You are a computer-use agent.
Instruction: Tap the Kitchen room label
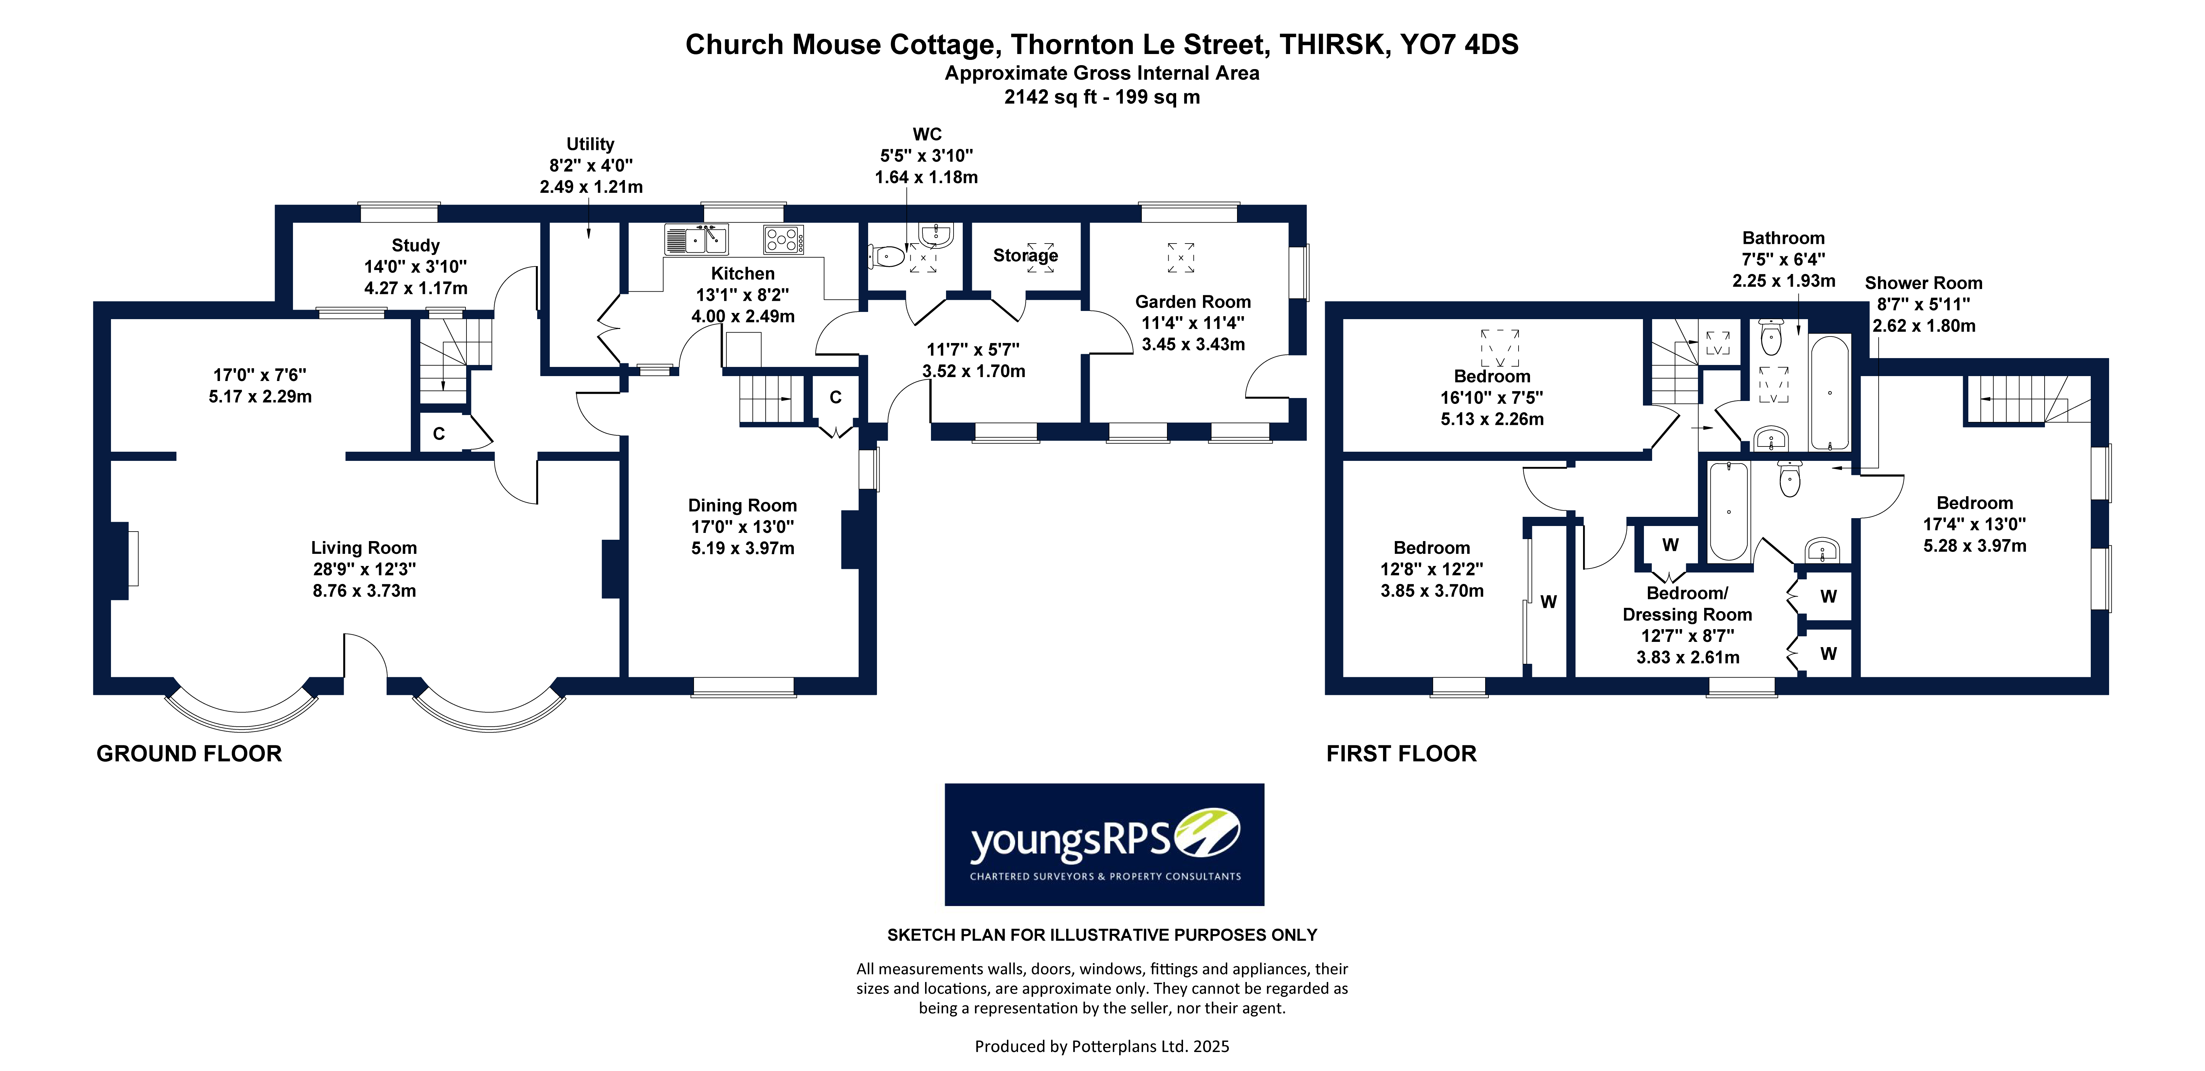click(x=742, y=273)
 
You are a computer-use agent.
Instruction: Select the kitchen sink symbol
click(x=696, y=240)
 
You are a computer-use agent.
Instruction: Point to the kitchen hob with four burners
click(x=783, y=240)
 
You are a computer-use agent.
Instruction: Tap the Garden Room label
click(x=1193, y=301)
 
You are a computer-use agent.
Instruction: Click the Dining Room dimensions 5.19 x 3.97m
click(x=742, y=548)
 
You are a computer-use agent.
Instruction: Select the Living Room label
click(x=364, y=547)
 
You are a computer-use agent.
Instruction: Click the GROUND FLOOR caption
click(x=189, y=753)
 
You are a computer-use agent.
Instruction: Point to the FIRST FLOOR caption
click(x=1401, y=753)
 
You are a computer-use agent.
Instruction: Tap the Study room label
click(x=415, y=246)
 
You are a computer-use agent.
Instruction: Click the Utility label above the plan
click(x=590, y=144)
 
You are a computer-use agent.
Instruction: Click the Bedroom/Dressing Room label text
click(x=1686, y=604)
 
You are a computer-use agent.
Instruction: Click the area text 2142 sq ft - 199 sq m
click(x=1102, y=97)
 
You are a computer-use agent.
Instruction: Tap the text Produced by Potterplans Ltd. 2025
click(x=1102, y=1045)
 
